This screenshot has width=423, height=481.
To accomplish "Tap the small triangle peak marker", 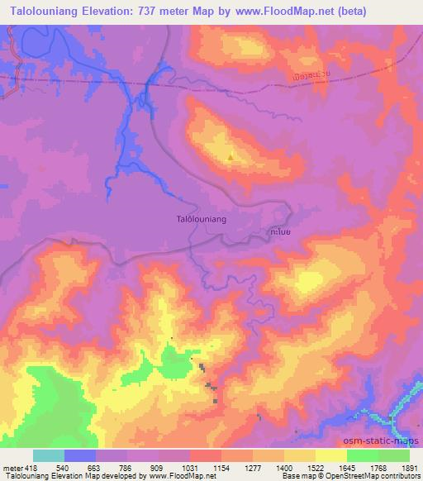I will [x=230, y=157].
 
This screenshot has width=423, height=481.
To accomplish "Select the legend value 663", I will [x=96, y=467].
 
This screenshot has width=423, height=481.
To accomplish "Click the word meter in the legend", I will [x=12, y=467].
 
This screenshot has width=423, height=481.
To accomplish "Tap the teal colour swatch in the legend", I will [x=49, y=455].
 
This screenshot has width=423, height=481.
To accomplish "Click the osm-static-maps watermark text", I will [x=387, y=440].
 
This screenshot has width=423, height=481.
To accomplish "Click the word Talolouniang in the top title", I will [x=45, y=11].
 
